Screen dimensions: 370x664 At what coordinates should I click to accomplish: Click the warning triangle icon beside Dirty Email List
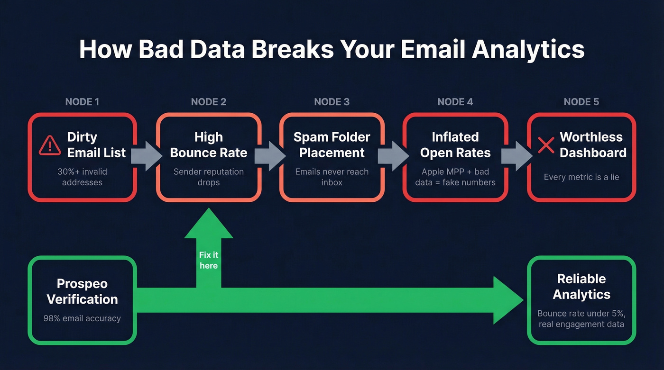click(50, 145)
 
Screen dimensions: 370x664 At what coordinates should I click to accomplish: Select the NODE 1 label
click(82, 102)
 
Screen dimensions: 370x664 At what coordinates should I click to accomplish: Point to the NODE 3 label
click(332, 102)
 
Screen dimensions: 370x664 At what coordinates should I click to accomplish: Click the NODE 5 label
click(581, 102)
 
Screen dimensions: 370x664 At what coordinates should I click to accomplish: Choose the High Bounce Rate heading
click(208, 145)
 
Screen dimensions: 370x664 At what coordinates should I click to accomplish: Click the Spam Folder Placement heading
click(332, 145)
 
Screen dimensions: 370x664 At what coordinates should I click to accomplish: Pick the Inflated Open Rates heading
click(455, 145)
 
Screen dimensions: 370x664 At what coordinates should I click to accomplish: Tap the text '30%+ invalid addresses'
click(82, 177)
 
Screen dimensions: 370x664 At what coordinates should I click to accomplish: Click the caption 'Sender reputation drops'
click(208, 177)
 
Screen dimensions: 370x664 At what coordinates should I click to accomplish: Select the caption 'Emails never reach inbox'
click(332, 177)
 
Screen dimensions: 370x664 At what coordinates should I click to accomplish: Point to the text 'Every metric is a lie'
click(581, 177)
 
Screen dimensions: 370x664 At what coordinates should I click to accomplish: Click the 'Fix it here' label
click(209, 260)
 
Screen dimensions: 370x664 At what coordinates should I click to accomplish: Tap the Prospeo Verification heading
click(82, 291)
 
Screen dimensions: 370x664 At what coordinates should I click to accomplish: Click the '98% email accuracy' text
click(82, 318)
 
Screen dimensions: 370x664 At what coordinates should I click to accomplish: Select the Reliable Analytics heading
click(581, 287)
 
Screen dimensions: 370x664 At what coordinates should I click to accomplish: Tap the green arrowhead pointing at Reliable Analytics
click(507, 300)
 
